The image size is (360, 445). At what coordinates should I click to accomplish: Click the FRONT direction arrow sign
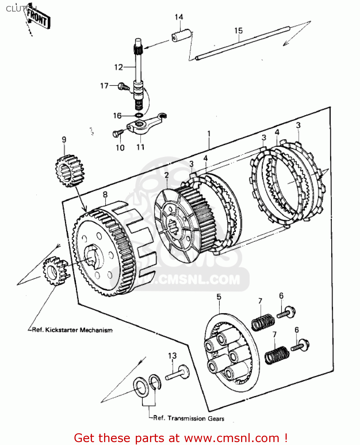click(x=38, y=18)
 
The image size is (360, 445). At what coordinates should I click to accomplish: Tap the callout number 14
click(x=179, y=17)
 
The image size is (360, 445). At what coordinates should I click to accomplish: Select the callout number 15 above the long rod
click(x=238, y=31)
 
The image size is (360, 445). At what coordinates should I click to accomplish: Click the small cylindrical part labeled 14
click(x=181, y=35)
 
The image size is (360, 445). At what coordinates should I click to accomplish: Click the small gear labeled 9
click(x=69, y=171)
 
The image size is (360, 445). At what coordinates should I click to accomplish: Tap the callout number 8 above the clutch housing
click(x=105, y=195)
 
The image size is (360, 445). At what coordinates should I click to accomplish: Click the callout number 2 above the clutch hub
click(x=167, y=175)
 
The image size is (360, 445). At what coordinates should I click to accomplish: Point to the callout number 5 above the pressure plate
click(x=219, y=297)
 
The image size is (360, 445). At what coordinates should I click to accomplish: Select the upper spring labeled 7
click(x=263, y=322)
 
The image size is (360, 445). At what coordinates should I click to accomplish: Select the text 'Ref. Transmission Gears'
click(x=189, y=418)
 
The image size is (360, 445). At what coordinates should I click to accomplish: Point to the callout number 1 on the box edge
click(x=209, y=134)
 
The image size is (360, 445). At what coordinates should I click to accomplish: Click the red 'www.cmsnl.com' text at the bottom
click(x=231, y=438)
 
